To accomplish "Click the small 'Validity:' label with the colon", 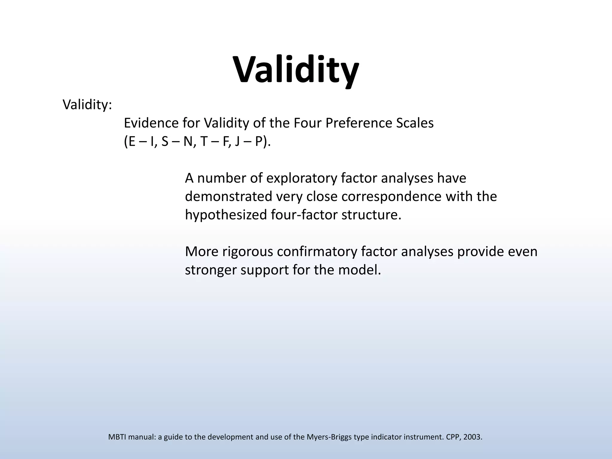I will pyautogui.click(x=87, y=105).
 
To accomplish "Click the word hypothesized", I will pyautogui.click(x=226, y=215).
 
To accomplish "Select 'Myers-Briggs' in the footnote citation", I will pyautogui.click(x=329, y=437).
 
